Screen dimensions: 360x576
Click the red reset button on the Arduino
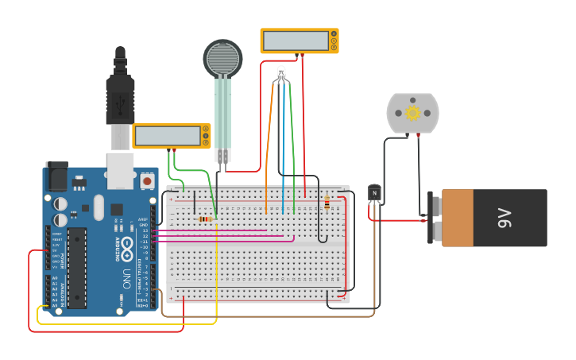[x=147, y=181]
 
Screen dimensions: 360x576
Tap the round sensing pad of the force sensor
[x=222, y=58]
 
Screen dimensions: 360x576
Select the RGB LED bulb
[x=281, y=74]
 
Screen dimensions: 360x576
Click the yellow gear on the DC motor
[x=412, y=113]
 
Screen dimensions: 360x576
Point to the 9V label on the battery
[x=504, y=218]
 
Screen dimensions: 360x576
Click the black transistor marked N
[x=374, y=192]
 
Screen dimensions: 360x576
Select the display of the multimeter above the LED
[x=295, y=41]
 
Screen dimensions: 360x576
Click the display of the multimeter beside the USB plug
[x=168, y=136]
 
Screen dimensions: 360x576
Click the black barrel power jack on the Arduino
[x=56, y=176]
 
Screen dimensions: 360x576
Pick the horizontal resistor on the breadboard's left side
[x=206, y=219]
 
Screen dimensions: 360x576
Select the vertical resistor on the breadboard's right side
[x=327, y=203]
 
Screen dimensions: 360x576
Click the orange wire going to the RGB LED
[x=268, y=143]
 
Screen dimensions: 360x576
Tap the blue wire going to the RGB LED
[x=283, y=143]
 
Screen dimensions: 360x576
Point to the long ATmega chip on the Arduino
[x=77, y=268]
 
